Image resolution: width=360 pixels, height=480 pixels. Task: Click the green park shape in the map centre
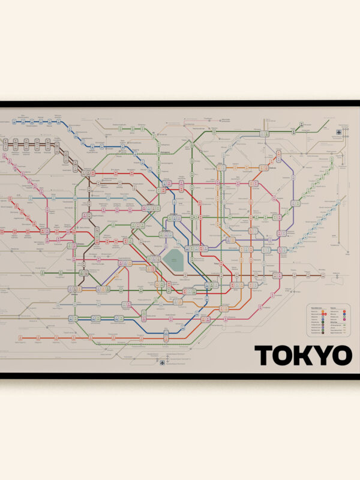pos(175,260)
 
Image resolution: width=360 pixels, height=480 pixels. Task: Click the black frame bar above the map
pos(180,103)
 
